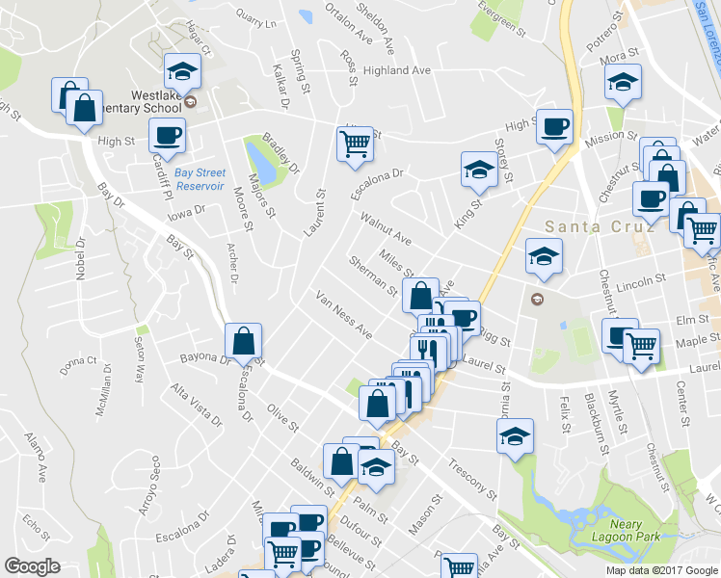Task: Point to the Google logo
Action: pyautogui.click(x=32, y=566)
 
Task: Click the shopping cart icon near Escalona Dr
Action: pyautogui.click(x=355, y=144)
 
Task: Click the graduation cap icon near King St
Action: pyautogui.click(x=479, y=169)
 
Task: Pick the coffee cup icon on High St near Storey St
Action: pyautogui.click(x=554, y=126)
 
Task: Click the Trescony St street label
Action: pyautogui.click(x=472, y=480)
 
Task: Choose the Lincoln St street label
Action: pyautogui.click(x=641, y=282)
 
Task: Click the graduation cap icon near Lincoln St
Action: pyautogui.click(x=544, y=256)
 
